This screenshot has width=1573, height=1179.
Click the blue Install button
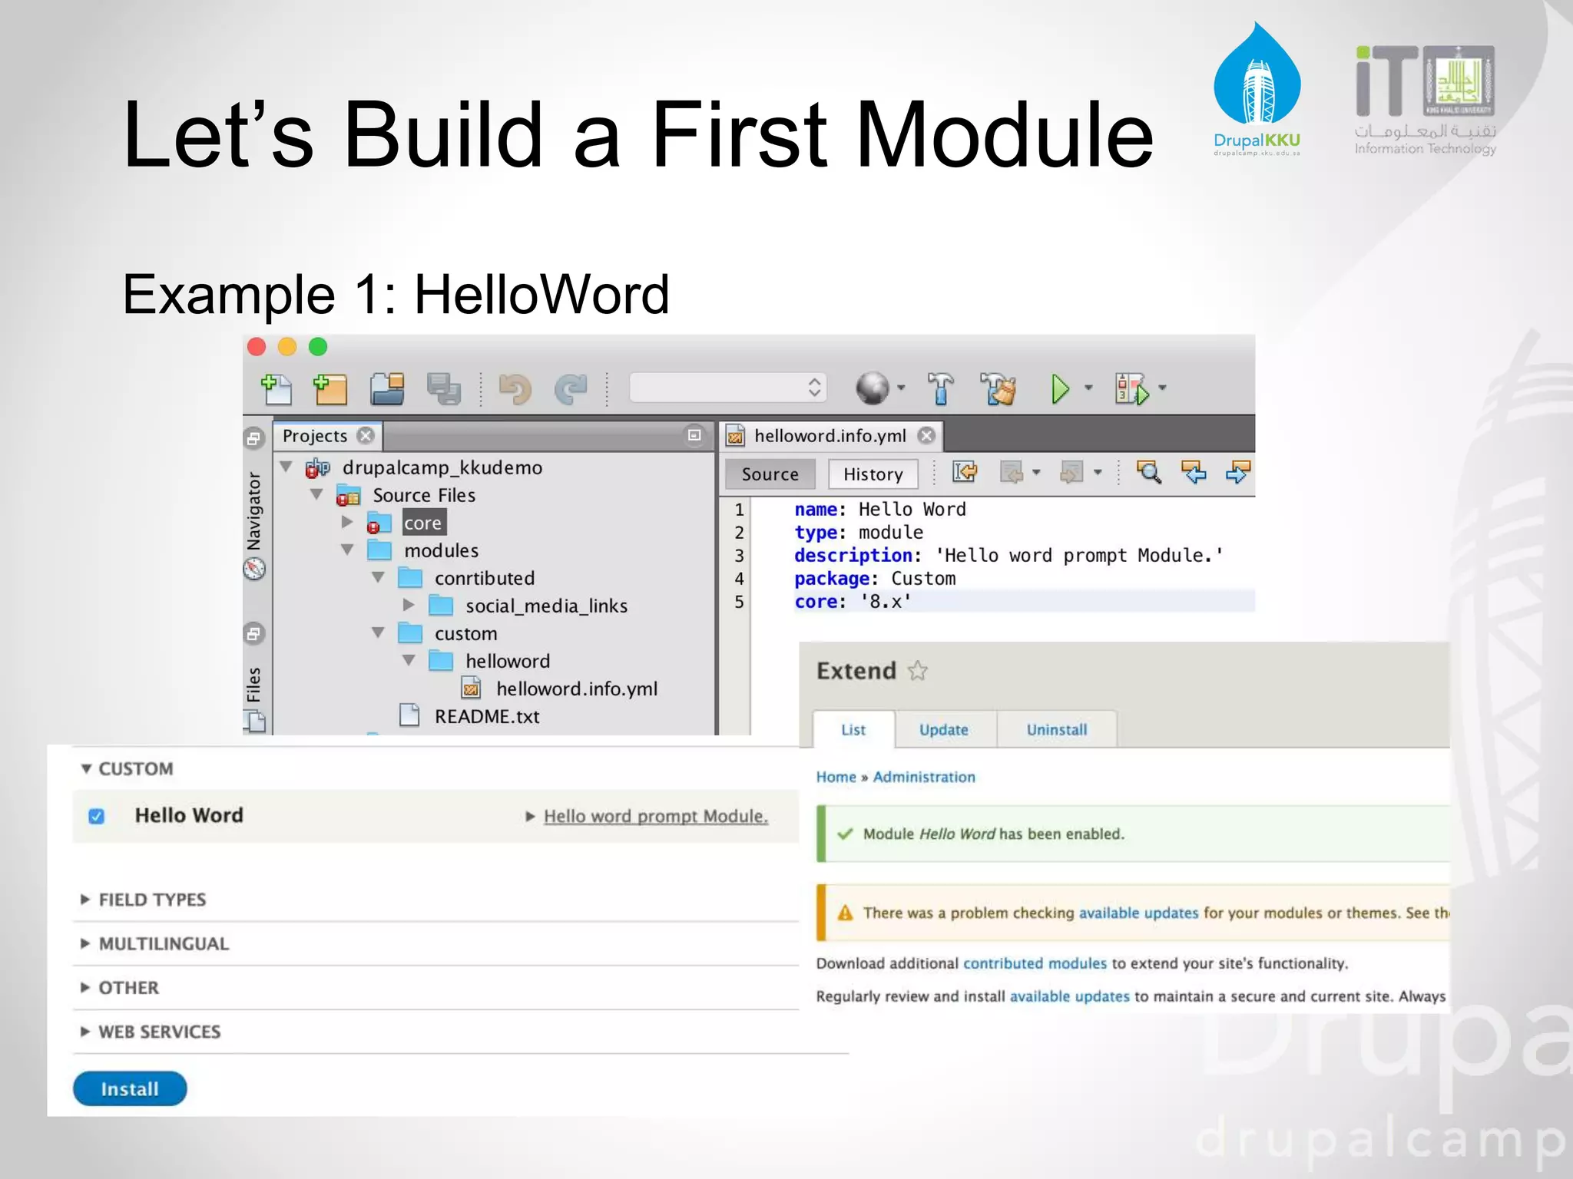[130, 1088]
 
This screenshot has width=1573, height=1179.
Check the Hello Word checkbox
[97, 816]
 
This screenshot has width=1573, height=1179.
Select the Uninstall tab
[1057, 729]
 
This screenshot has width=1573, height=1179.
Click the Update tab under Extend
[944, 729]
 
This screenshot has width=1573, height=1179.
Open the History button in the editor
[873, 474]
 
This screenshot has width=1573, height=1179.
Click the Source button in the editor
[770, 474]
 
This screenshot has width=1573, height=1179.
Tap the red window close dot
[257, 347]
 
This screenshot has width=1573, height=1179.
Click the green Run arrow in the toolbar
[1061, 389]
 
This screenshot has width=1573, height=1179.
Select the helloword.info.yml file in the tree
[576, 689]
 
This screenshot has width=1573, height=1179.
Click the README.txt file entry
[486, 716]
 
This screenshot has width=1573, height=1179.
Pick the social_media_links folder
[545, 606]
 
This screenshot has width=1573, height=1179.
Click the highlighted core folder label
[422, 523]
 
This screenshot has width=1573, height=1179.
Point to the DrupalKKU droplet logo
[1257, 77]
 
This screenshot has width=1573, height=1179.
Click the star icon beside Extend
[918, 671]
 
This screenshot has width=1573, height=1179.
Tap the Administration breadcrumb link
[924, 777]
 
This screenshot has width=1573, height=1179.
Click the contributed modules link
[1035, 963]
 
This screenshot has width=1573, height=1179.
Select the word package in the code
[832, 578]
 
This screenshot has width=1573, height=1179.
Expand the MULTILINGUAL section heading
[164, 943]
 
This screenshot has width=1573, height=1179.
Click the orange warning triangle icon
[846, 913]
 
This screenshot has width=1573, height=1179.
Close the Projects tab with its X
[366, 435]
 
